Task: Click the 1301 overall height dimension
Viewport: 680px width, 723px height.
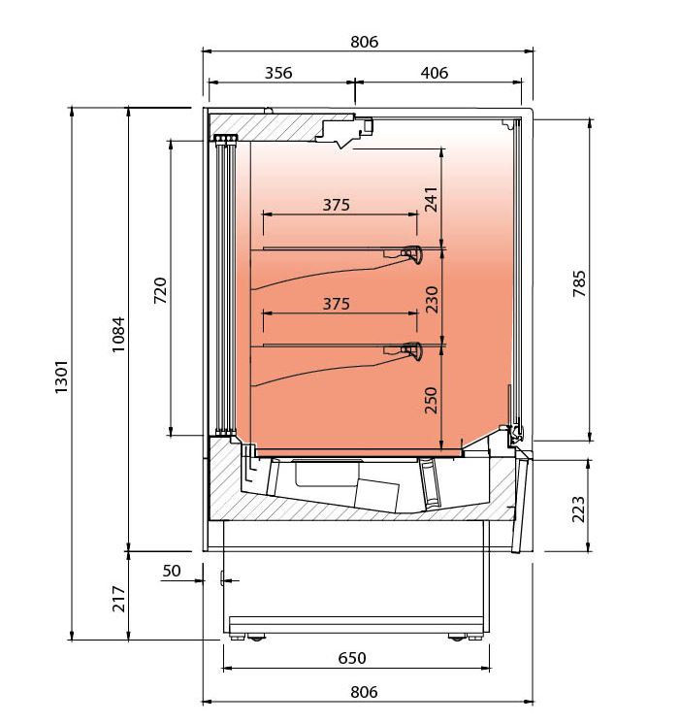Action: point(61,377)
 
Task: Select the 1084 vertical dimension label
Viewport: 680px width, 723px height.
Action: point(118,334)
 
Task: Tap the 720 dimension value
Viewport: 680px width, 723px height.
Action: point(160,290)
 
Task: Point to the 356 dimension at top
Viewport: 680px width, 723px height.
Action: point(278,73)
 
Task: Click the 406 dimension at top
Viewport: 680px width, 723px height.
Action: point(435,73)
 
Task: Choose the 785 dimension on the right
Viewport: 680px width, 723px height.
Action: point(579,284)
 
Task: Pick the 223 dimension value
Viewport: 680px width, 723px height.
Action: point(578,509)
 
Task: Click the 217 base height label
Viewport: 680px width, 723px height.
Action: point(119,599)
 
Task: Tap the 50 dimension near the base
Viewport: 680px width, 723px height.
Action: point(172,571)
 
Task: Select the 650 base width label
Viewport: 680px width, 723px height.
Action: point(352,658)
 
